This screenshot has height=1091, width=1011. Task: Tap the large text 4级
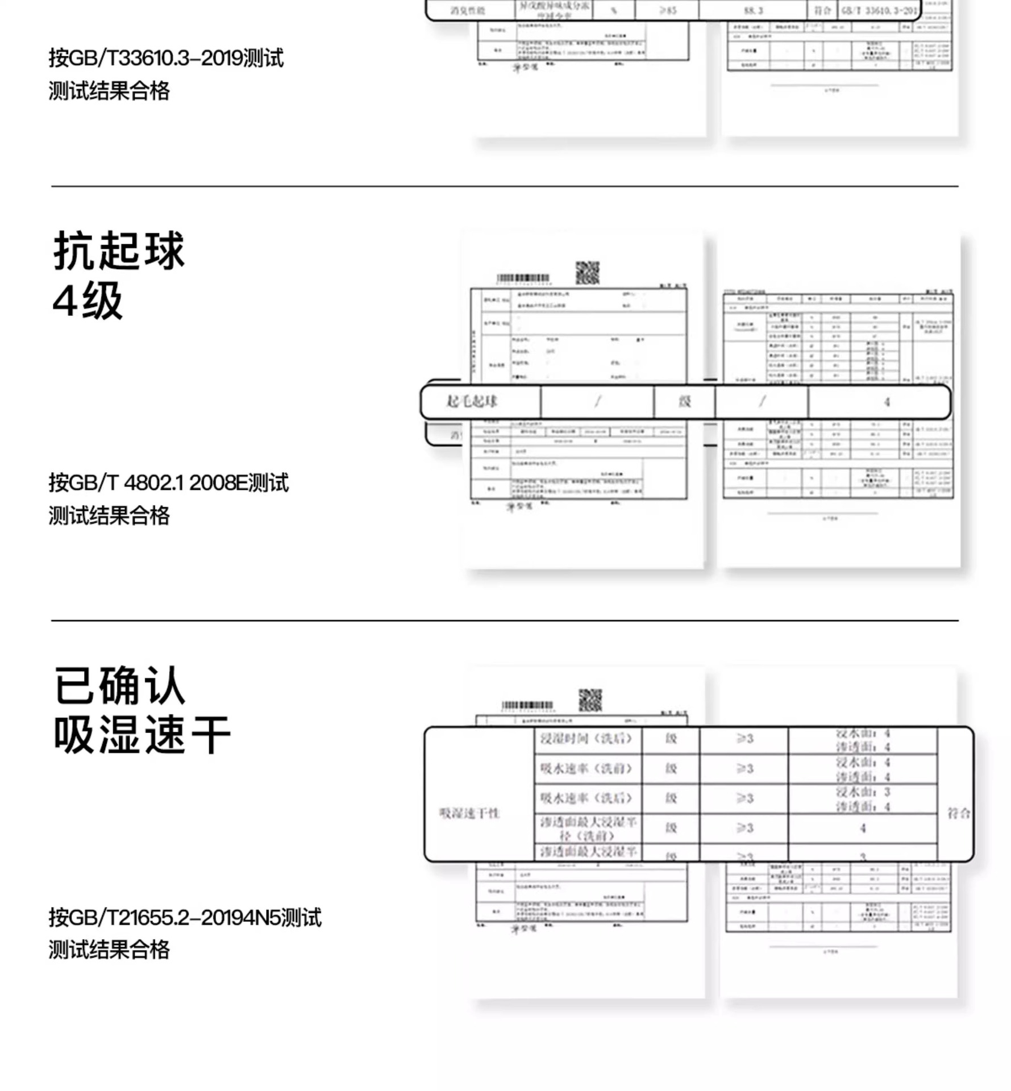(x=88, y=301)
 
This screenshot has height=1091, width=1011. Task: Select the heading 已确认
(x=120, y=686)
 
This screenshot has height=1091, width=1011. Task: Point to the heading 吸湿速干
(x=142, y=735)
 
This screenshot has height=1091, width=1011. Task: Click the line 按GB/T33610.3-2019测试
(x=166, y=58)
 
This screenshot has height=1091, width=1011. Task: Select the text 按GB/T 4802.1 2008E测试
(x=168, y=483)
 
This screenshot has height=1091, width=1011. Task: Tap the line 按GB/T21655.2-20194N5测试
(x=185, y=917)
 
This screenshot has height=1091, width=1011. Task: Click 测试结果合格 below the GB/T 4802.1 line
(x=109, y=516)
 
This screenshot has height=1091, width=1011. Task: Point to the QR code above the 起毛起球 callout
(x=587, y=273)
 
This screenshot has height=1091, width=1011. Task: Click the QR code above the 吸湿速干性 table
(x=590, y=701)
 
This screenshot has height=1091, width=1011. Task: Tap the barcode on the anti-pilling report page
(x=523, y=278)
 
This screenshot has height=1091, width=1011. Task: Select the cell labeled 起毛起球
(x=472, y=402)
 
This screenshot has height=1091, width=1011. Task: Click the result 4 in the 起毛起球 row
(x=887, y=402)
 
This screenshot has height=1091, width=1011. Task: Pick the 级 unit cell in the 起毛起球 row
(x=685, y=402)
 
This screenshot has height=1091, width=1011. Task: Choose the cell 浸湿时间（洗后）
(x=586, y=739)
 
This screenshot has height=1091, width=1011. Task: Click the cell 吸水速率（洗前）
(x=586, y=769)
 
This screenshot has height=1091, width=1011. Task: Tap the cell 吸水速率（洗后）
(x=586, y=798)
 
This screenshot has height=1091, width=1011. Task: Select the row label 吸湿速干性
(x=469, y=813)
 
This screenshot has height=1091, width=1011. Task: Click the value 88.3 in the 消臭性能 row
(x=753, y=10)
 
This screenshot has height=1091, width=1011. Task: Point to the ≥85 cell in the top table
(x=668, y=10)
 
